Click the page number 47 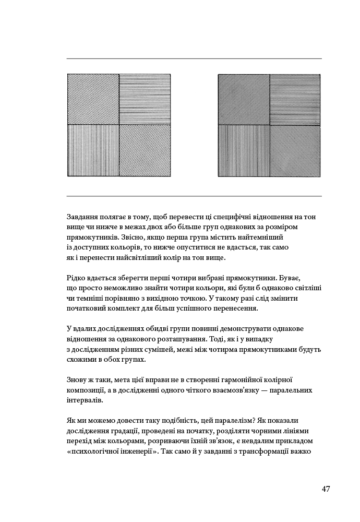pos(326,489)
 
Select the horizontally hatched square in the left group pos(145,99)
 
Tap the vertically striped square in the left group pos(93,150)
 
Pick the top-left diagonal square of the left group pos(93,99)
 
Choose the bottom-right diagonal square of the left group pos(145,150)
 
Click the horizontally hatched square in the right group pos(295,99)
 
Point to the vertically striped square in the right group pos(244,150)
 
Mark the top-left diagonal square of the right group pos(244,99)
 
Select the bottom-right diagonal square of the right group pos(295,150)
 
